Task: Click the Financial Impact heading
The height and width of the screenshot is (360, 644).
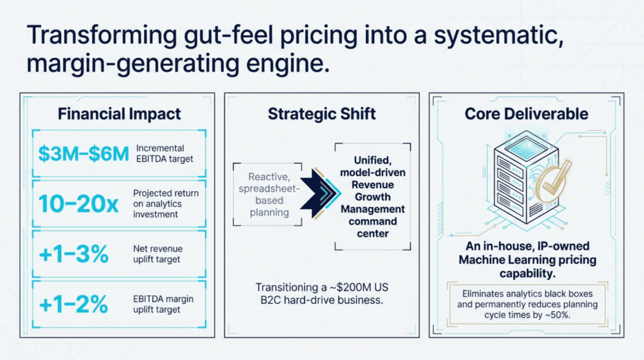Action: (x=119, y=114)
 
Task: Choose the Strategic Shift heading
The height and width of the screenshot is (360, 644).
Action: (x=322, y=114)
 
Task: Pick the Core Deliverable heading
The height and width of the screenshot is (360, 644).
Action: (x=526, y=114)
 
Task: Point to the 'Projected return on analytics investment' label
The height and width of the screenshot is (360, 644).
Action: (x=165, y=204)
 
